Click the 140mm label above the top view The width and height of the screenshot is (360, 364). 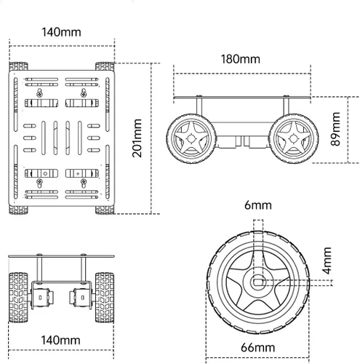[x=61, y=33]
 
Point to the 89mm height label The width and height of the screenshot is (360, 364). [x=335, y=130]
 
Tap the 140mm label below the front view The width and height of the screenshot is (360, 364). [x=61, y=339]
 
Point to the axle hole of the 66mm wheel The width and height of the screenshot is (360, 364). [x=258, y=279]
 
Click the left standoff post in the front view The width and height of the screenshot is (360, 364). [x=41, y=269]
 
